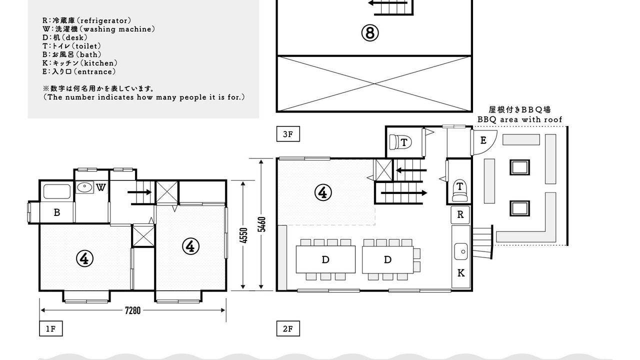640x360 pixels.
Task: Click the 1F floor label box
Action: [x=51, y=328]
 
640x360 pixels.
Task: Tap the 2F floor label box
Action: [x=288, y=328]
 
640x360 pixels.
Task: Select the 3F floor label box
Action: [x=288, y=134]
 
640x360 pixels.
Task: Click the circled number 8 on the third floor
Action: [x=370, y=33]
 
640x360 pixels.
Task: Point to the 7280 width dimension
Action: [x=133, y=310]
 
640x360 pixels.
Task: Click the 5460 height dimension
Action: [x=261, y=224]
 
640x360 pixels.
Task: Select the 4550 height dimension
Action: [x=243, y=235]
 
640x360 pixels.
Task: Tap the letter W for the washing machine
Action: [x=101, y=187]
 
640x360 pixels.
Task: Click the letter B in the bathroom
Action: [x=57, y=212]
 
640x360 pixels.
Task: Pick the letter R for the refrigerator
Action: [x=460, y=214]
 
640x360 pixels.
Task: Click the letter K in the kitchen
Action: [x=461, y=273]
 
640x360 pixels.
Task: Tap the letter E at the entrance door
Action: [x=483, y=140]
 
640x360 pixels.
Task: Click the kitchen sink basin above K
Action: [x=461, y=251]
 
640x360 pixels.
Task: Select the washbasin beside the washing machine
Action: [x=84, y=187]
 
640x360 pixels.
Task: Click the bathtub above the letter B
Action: [x=57, y=191]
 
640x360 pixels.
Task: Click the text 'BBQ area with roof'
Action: [x=519, y=119]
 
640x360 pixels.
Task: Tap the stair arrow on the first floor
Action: [x=139, y=192]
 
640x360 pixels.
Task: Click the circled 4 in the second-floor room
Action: [x=323, y=192]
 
